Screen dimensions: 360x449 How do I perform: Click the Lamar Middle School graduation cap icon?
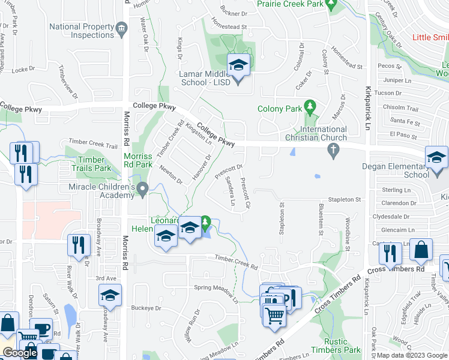tap(238, 65)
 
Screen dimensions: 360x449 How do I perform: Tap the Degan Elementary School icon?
tap(436, 157)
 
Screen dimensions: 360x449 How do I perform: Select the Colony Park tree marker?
tap(310, 108)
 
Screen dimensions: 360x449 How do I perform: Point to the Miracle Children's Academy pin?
tap(142, 190)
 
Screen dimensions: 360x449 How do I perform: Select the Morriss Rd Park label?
tap(137, 160)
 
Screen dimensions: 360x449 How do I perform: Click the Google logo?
tap(20, 353)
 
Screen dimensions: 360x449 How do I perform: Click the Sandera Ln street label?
tap(229, 190)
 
